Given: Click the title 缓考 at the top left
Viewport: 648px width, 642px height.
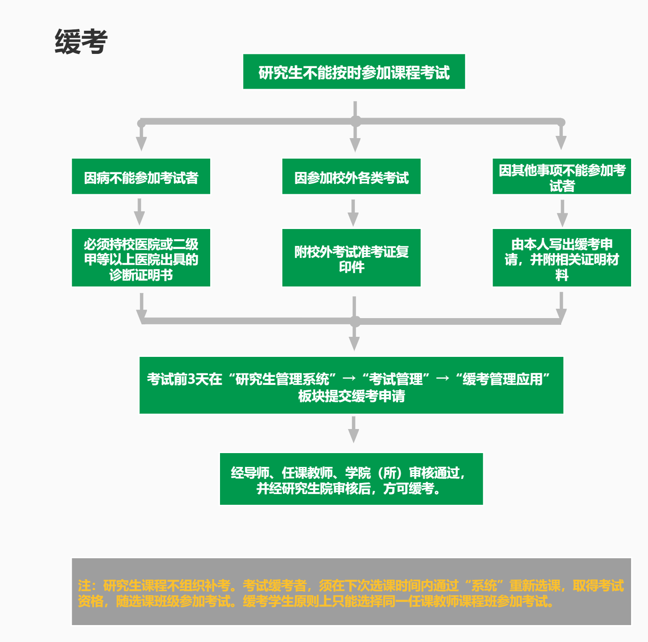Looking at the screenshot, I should (81, 42).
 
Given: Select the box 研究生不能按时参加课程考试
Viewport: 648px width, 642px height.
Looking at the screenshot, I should (354, 72).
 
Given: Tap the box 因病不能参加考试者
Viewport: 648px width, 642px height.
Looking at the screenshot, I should (141, 176).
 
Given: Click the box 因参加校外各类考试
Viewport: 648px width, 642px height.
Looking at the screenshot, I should (351, 176).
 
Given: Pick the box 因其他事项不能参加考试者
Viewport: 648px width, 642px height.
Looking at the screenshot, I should (562, 176).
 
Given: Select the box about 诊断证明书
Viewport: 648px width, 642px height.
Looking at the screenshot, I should (141, 258).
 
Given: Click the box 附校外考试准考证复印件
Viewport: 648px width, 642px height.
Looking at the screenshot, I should (351, 258).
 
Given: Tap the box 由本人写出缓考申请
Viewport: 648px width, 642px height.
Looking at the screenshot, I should (562, 258).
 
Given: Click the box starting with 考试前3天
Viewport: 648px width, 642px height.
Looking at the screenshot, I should (351, 385).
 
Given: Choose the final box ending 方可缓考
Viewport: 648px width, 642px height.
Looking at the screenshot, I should (351, 479).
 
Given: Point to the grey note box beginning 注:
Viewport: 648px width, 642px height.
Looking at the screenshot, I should (351, 592).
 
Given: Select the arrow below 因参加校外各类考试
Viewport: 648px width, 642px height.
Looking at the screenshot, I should (353, 213).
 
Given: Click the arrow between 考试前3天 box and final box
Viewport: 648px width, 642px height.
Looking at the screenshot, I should (354, 429).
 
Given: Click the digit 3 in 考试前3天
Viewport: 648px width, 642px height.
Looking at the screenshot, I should (192, 379).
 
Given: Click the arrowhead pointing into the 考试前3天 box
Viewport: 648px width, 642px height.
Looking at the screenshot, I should (354, 343).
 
